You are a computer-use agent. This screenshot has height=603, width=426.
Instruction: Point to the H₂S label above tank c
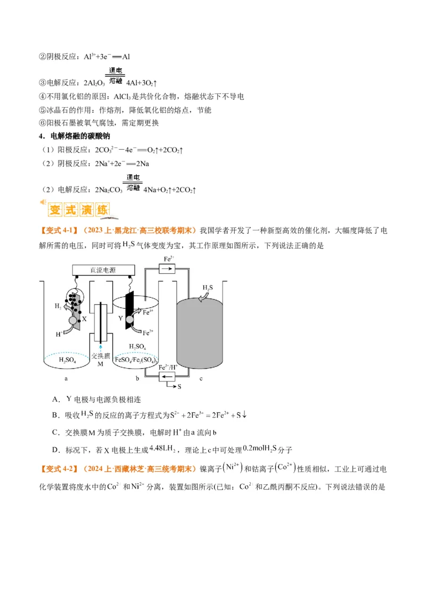click(x=207, y=288)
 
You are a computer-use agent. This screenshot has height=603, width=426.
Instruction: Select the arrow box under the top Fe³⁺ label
click(x=168, y=270)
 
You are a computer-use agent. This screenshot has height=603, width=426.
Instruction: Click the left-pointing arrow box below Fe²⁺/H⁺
click(x=168, y=377)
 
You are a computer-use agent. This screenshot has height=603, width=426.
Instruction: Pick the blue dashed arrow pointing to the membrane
click(x=100, y=345)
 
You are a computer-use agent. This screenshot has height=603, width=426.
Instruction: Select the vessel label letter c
click(x=201, y=379)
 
